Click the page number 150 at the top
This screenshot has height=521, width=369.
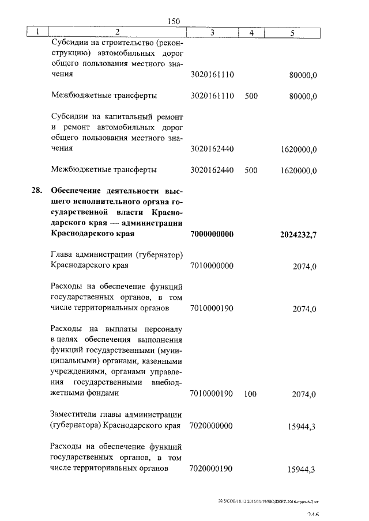pyautogui.click(x=174, y=21)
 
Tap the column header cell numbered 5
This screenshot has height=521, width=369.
pyautogui.click(x=292, y=33)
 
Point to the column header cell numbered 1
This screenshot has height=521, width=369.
pyautogui.click(x=37, y=33)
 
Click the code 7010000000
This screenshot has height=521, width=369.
pyautogui.click(x=211, y=266)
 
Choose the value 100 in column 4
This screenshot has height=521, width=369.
pyautogui.click(x=250, y=394)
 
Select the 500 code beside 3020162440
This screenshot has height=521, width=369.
pyautogui.click(x=251, y=170)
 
